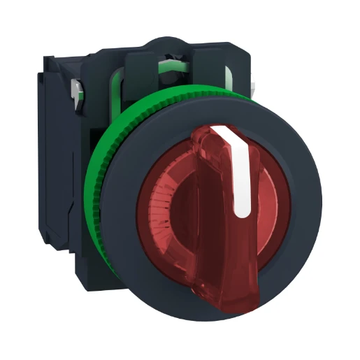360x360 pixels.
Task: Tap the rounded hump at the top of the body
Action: pos(167,42)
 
